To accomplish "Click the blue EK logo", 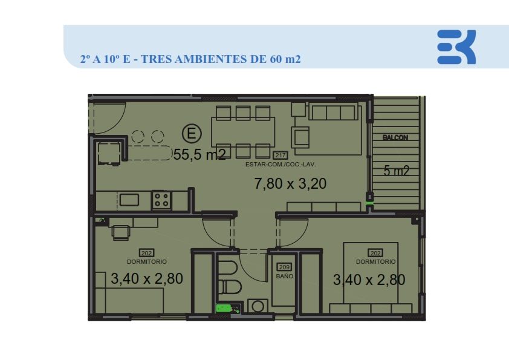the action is [x=456, y=47].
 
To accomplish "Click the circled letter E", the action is [x=192, y=134].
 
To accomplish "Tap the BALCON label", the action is [x=395, y=137].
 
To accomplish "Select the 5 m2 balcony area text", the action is [x=396, y=171].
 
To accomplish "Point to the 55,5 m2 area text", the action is [x=199, y=155].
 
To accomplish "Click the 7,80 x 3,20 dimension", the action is [x=290, y=183].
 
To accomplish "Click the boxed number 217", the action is [x=280, y=155].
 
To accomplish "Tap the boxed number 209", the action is [x=284, y=267].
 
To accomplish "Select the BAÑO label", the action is [x=284, y=276].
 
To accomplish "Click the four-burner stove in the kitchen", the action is [x=161, y=200].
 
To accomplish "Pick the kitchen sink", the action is [x=129, y=200].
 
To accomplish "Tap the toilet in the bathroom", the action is [x=230, y=287].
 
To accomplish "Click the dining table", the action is [x=243, y=132].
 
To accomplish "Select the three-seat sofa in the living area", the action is [x=333, y=113].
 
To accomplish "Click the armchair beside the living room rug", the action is [x=301, y=137].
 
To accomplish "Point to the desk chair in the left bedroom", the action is [x=120, y=233].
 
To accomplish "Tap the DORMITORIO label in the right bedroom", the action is [x=375, y=261].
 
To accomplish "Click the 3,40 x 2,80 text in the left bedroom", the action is [x=147, y=279].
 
